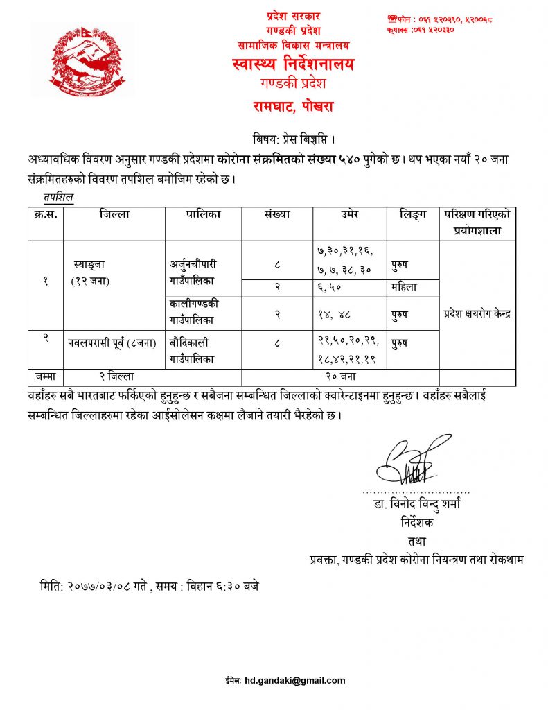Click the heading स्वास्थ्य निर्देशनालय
(x=293, y=64)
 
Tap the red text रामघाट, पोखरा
(x=292, y=107)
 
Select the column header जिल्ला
(x=114, y=215)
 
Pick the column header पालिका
(x=203, y=215)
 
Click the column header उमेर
(x=349, y=215)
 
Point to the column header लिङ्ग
(x=412, y=215)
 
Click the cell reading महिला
(x=405, y=287)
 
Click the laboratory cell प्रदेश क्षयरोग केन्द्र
(x=477, y=314)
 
